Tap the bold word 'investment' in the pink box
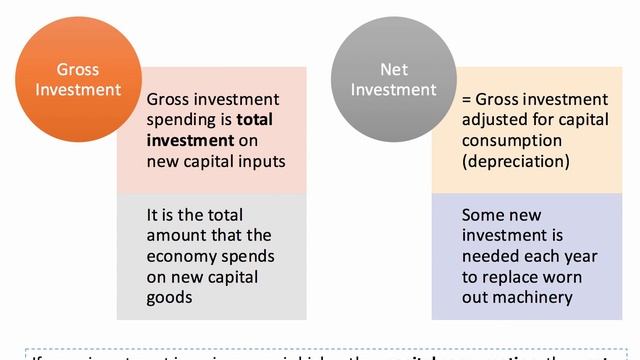(189, 141)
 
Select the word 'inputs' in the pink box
(260, 161)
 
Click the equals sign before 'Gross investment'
(466, 100)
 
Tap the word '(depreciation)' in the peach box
(516, 161)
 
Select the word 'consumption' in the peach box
(510, 141)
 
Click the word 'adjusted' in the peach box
(494, 120)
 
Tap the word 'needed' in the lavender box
(489, 256)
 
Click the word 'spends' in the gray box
(259, 256)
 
